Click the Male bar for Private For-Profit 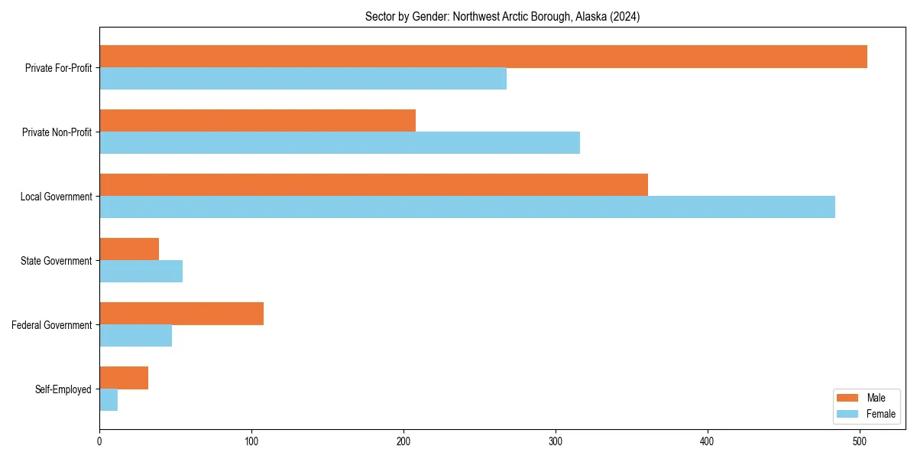[x=483, y=57]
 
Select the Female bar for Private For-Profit [x=303, y=79]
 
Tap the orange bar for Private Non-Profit [x=258, y=121]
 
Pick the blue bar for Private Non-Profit [x=339, y=143]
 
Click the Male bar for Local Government [x=374, y=185]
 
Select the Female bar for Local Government [x=467, y=207]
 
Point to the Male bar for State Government [x=129, y=249]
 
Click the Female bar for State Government [x=141, y=272]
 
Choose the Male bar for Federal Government [x=181, y=314]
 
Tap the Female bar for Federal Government [x=135, y=336]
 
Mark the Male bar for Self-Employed [x=124, y=378]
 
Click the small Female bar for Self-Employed [x=109, y=400]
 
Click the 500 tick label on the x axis [x=860, y=441]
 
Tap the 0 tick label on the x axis [x=99, y=441]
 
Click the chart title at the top [x=502, y=16]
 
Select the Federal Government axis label [x=51, y=325]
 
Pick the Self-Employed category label [x=63, y=389]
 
